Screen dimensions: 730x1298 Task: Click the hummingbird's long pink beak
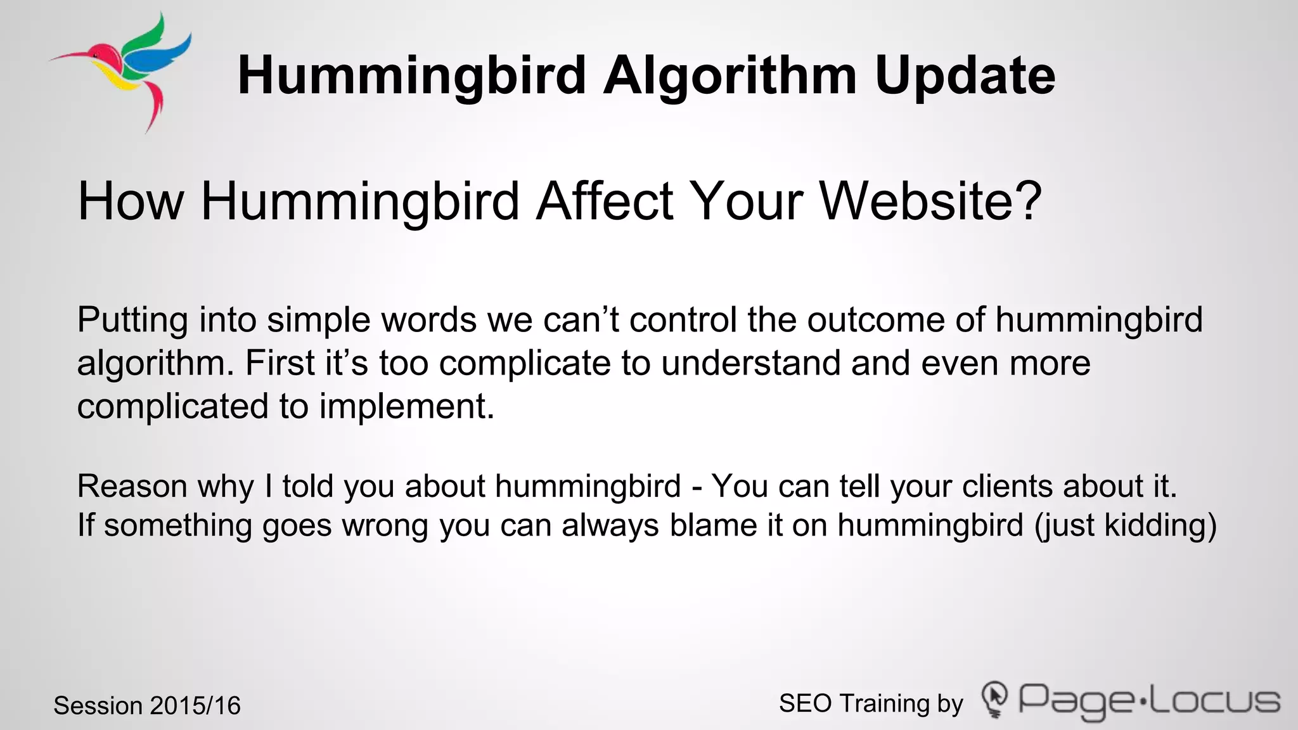(x=70, y=57)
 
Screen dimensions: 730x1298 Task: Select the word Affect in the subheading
(x=604, y=202)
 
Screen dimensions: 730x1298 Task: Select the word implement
(x=406, y=406)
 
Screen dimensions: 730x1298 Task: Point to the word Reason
(x=132, y=487)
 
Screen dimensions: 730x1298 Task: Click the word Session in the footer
(x=98, y=706)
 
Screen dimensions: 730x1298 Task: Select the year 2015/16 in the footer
(x=196, y=706)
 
